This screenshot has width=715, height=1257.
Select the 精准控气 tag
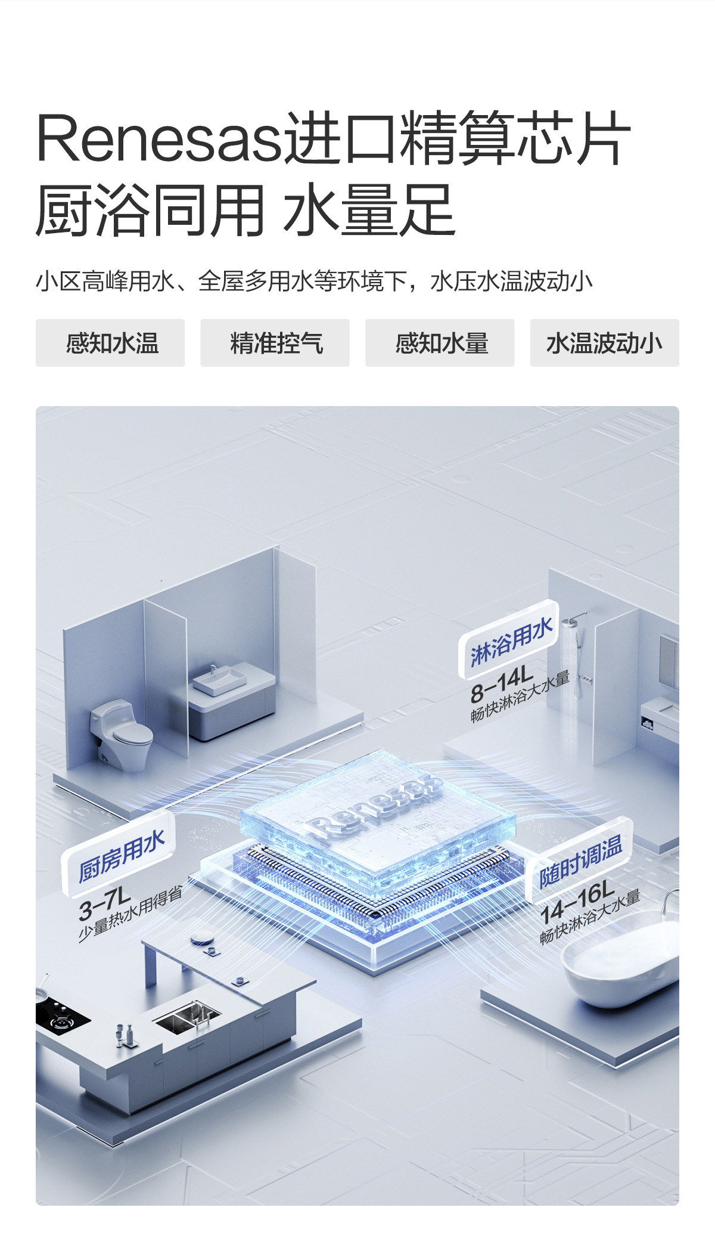tap(275, 343)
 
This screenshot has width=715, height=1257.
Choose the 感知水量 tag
tap(440, 343)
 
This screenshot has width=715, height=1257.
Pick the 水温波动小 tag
tap(604, 343)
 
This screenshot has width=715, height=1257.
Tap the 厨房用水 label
tap(121, 857)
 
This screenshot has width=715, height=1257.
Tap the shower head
tap(573, 621)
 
